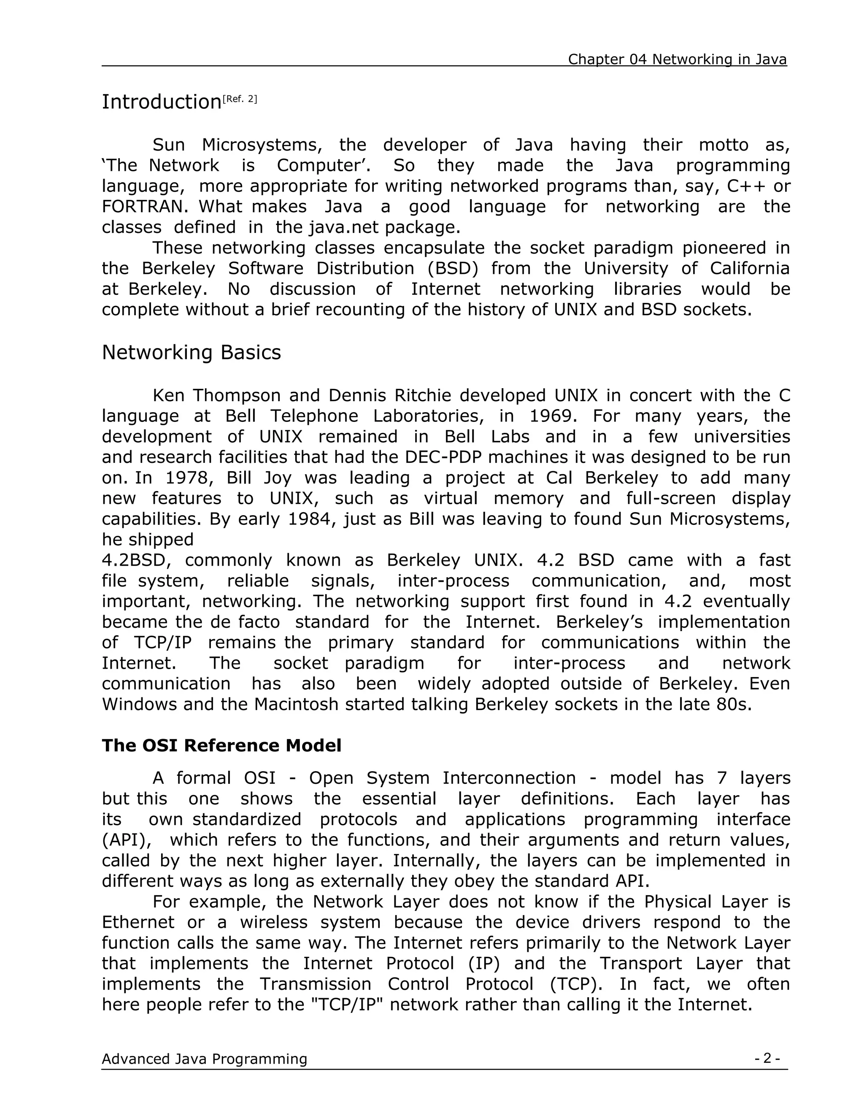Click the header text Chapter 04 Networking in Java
[x=677, y=59]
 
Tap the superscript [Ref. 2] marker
[x=240, y=99]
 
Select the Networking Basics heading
[x=191, y=352]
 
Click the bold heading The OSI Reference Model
[x=221, y=745]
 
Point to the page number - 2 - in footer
[x=767, y=1058]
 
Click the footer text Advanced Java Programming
[x=204, y=1059]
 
